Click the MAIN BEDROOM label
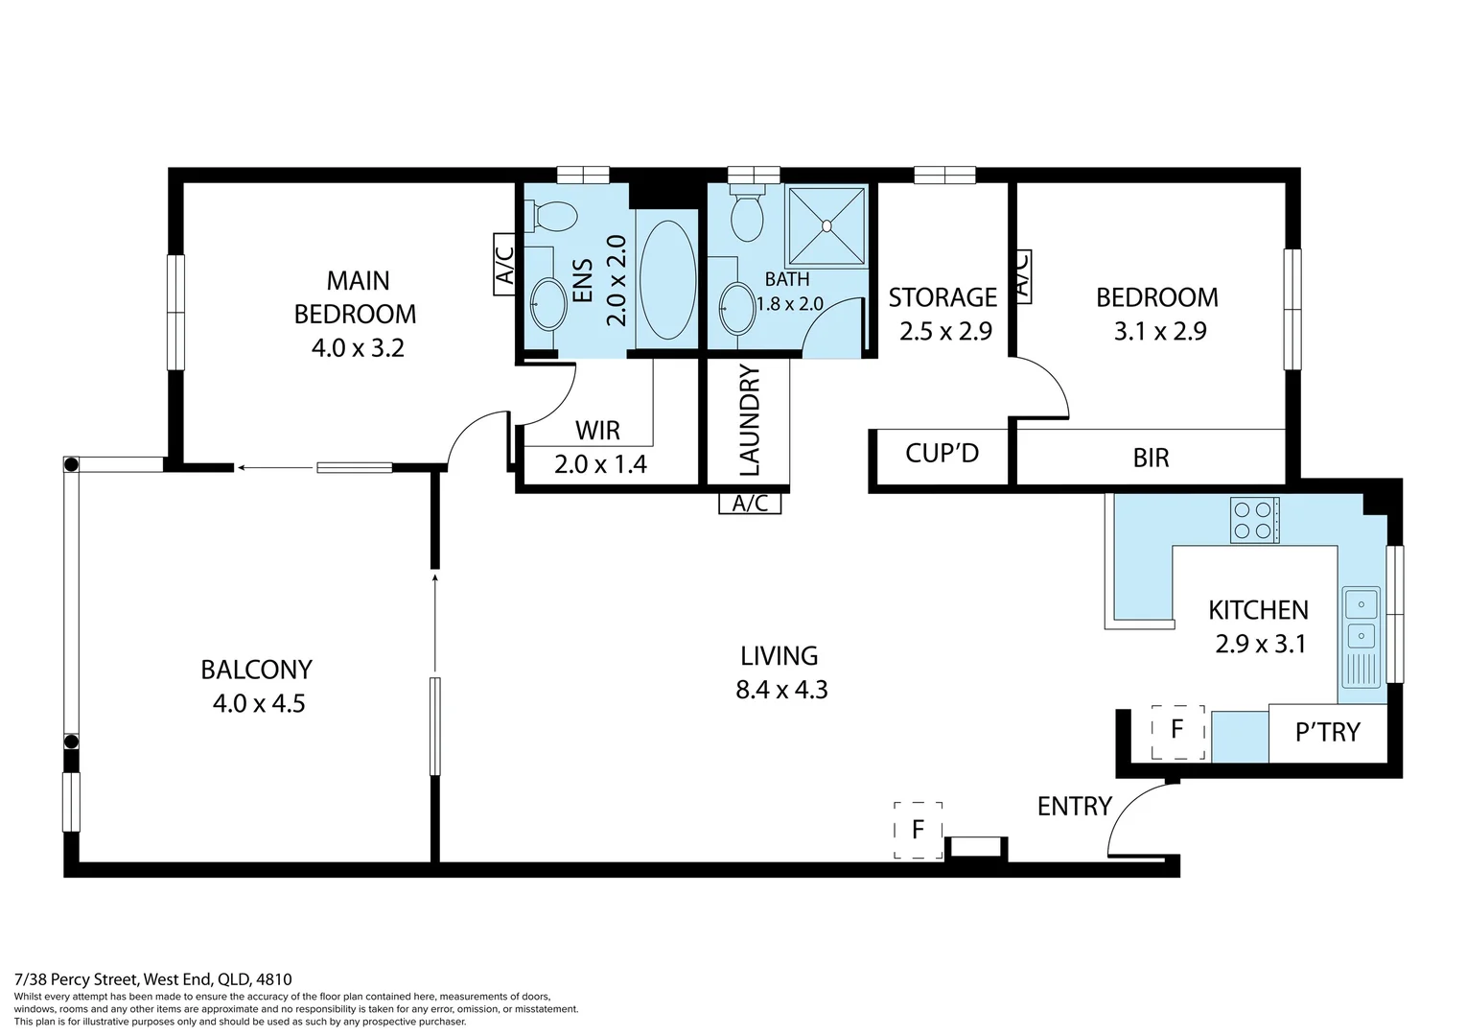coord(355,296)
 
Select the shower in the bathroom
coord(826,226)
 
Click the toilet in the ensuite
coord(553,216)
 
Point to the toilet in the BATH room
coord(747,216)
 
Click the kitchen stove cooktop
coord(1254,521)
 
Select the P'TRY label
coord(1327,733)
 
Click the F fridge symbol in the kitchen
coord(1176,730)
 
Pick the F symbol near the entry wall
coord(918,829)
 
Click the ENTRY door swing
coord(1139,819)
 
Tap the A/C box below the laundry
coord(750,504)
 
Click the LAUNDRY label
coord(750,420)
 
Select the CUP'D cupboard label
coord(942,453)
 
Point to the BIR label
coord(1151,458)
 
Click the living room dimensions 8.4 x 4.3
coord(781,690)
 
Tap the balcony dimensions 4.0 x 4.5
coord(258,703)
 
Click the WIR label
coord(597,430)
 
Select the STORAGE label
coord(942,297)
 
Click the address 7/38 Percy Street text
coord(153,979)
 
